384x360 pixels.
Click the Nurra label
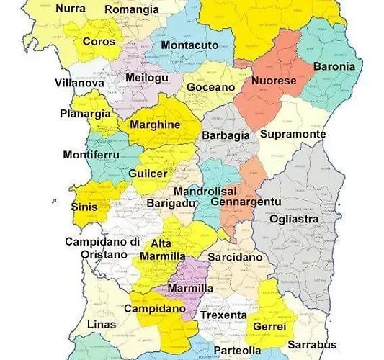70,9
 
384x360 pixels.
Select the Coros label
99,42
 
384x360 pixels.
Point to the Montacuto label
189,45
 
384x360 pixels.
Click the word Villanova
79,83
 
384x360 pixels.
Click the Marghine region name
154,124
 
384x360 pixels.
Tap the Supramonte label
293,134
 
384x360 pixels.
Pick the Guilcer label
148,174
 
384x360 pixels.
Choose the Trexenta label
224,315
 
